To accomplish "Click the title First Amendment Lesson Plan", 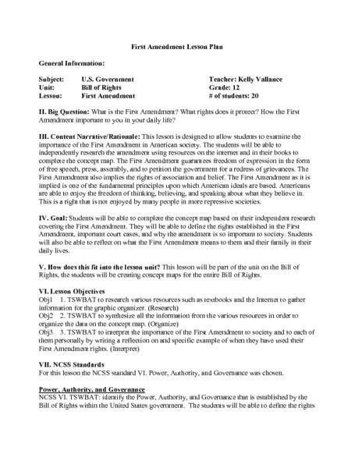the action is (x=181, y=47).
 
